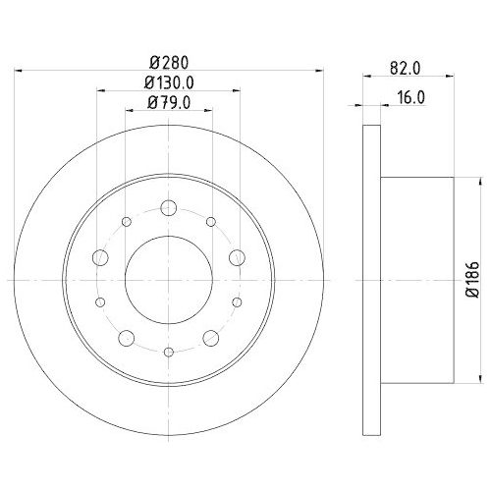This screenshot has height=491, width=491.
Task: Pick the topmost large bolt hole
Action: click(x=168, y=207)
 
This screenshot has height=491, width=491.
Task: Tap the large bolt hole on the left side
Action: click(x=100, y=257)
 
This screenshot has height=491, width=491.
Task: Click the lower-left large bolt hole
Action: click(x=126, y=338)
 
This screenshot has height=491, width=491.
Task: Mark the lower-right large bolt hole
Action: click(x=210, y=338)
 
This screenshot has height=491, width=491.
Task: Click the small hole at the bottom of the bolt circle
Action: click(x=168, y=352)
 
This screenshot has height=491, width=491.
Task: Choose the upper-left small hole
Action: click(x=127, y=222)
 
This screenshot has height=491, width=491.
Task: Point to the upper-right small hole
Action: click(x=209, y=222)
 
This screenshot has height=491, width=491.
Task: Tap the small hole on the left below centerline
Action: click(x=101, y=303)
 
